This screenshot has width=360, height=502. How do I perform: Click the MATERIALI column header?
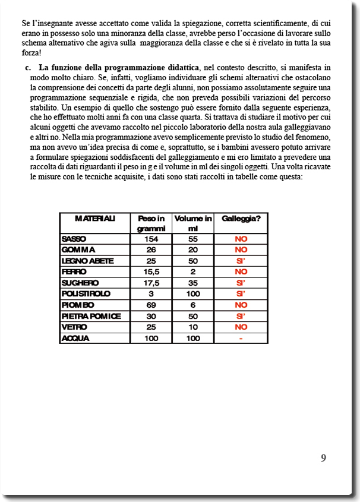click(95, 219)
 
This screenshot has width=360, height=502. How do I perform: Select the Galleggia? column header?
click(241, 219)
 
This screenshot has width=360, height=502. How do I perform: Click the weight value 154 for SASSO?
click(151, 239)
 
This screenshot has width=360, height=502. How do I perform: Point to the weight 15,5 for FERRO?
click(151, 272)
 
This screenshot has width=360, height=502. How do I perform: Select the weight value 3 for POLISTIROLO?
click(151, 294)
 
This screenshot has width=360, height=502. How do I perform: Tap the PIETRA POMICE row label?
click(91, 316)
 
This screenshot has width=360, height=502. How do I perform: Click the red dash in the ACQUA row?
click(241, 339)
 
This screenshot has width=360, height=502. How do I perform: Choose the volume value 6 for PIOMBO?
click(193, 305)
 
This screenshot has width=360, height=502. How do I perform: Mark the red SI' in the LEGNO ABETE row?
click(241, 261)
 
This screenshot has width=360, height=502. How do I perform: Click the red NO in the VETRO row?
click(241, 327)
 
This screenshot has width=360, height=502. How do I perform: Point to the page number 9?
click(323, 458)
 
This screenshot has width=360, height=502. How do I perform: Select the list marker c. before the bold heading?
click(29, 67)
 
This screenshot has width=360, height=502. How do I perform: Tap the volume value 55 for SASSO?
click(193, 239)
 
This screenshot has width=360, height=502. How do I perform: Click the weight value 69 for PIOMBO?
click(151, 305)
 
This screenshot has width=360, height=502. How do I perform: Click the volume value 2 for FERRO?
click(193, 272)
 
